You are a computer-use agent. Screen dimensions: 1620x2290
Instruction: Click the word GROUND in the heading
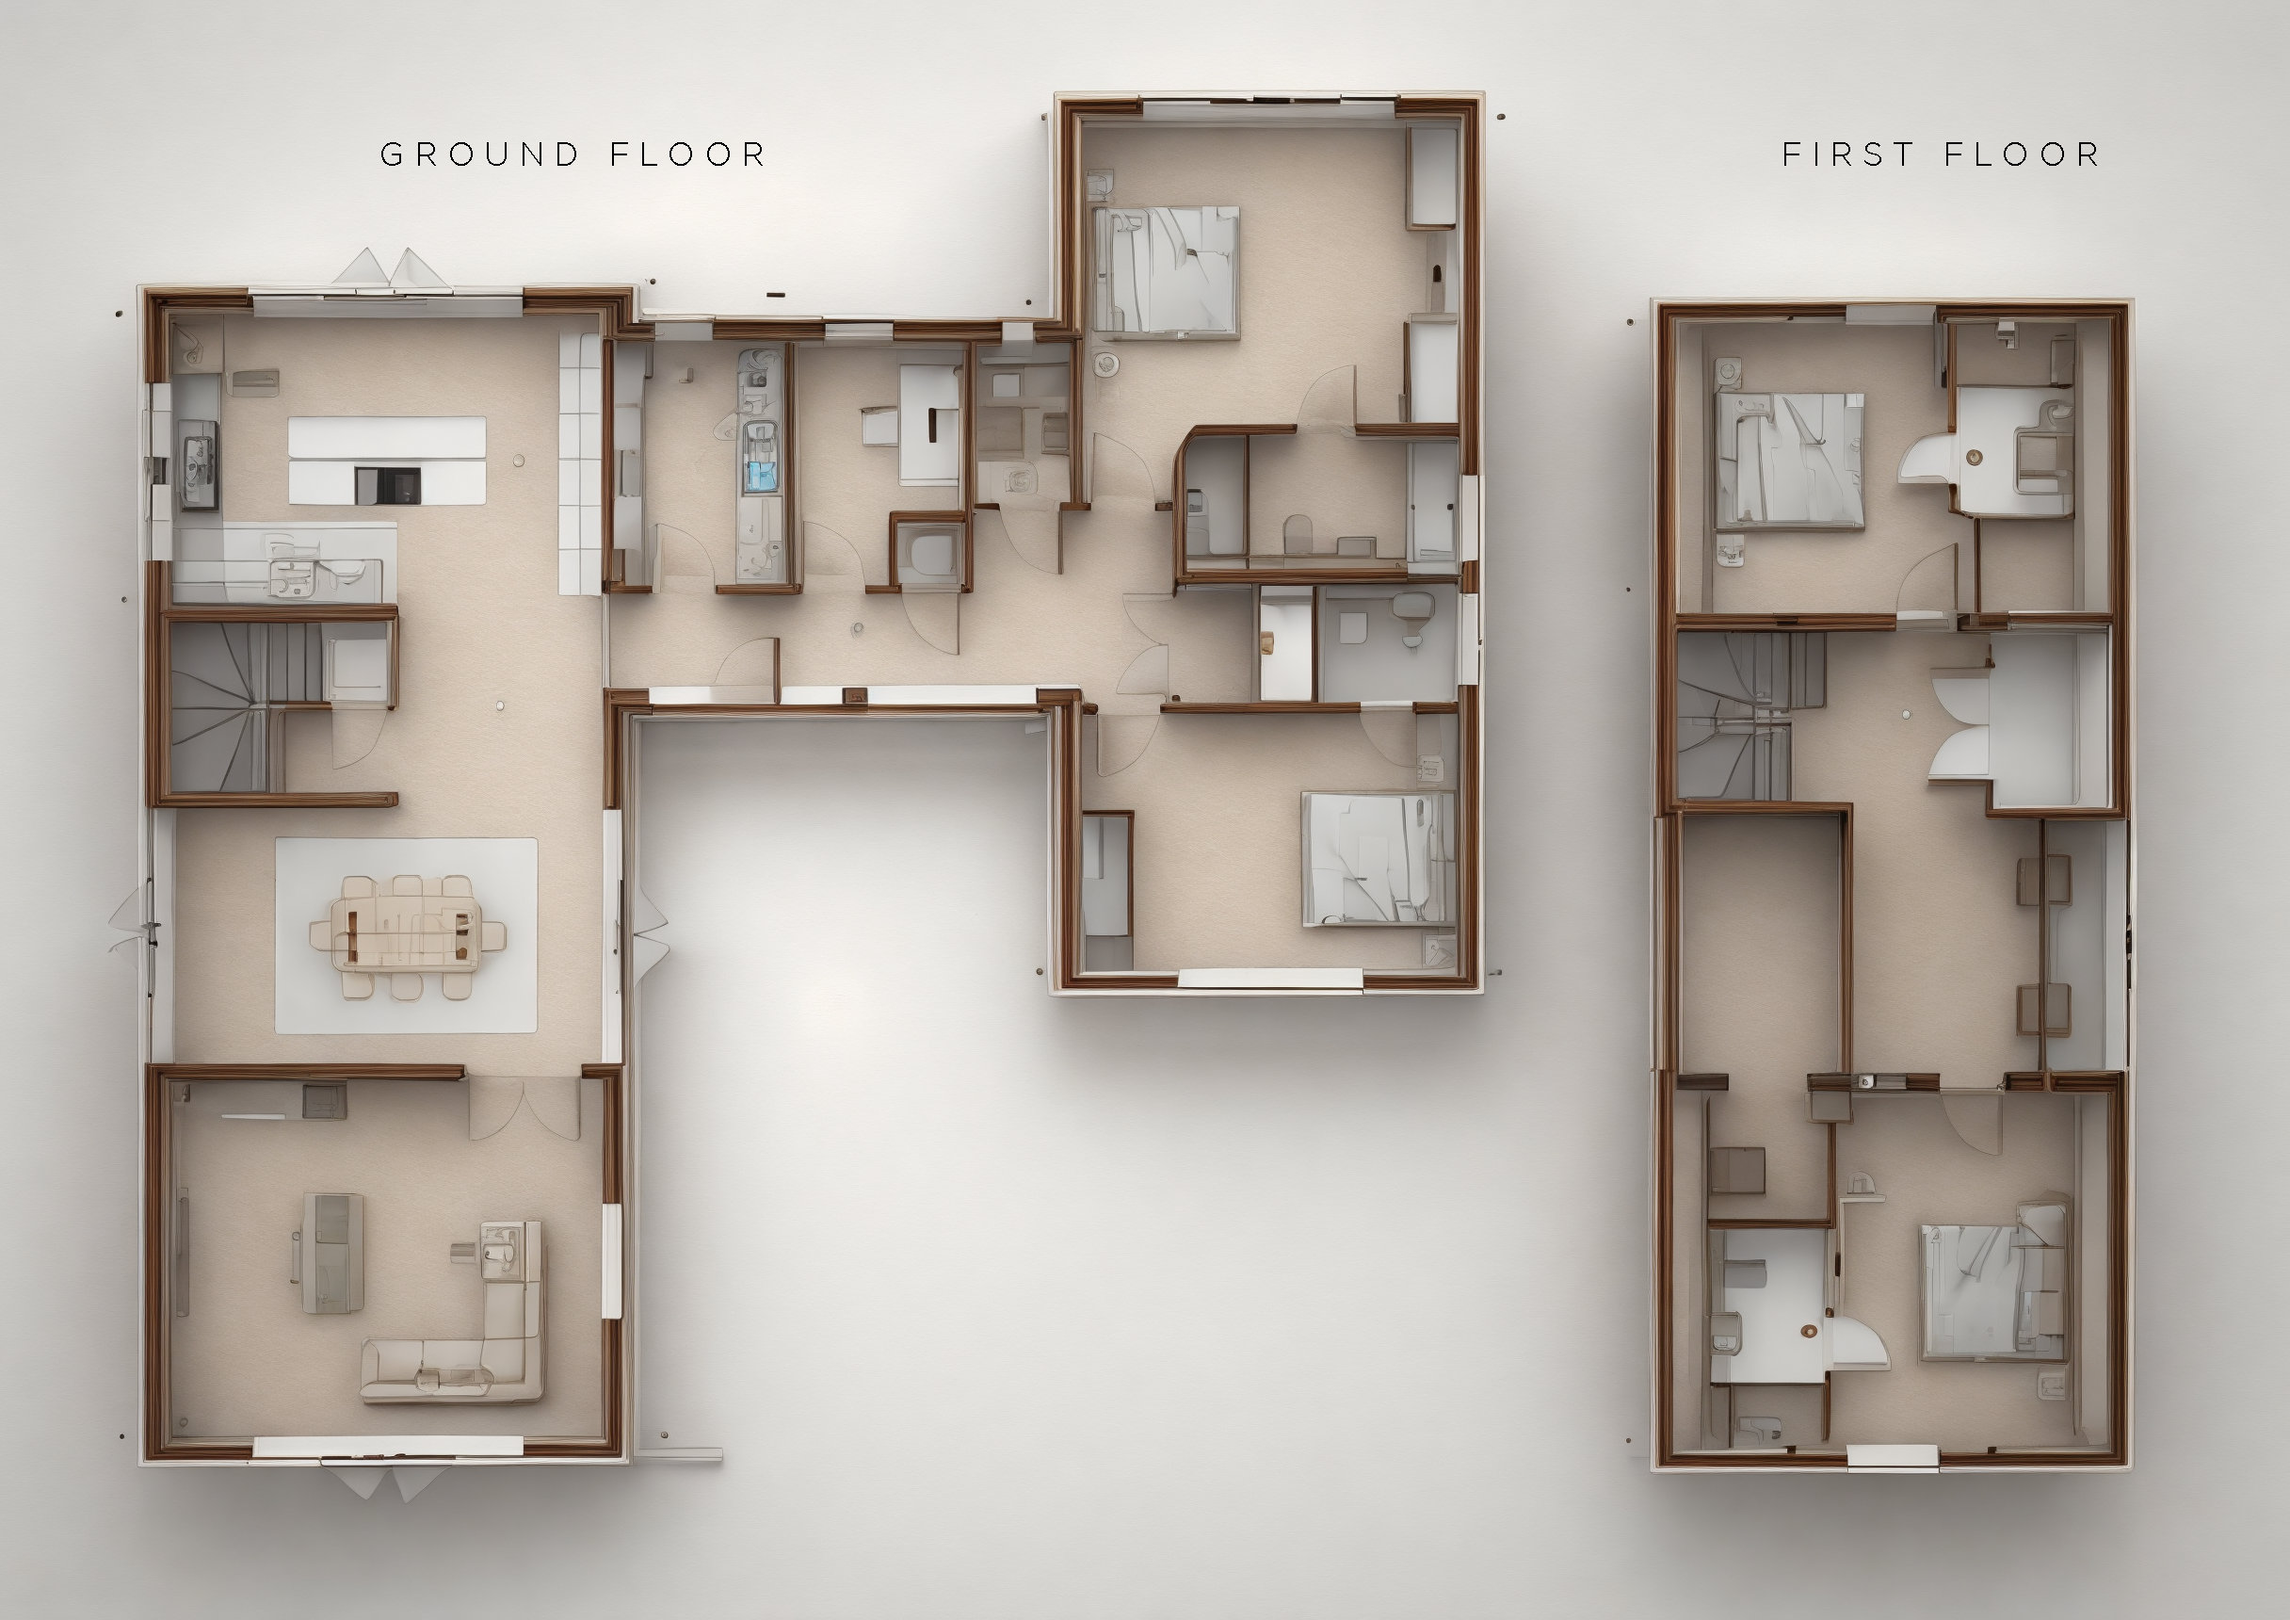478,154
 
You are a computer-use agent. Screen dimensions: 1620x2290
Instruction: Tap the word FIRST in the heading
1848,154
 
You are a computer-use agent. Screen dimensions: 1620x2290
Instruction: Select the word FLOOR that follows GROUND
687,154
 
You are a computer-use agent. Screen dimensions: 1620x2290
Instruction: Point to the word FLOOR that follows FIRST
2022,154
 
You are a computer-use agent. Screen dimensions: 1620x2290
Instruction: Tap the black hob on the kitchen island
388,485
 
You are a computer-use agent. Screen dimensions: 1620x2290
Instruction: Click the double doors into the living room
524,1108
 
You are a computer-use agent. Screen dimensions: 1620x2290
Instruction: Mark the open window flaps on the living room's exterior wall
389,1482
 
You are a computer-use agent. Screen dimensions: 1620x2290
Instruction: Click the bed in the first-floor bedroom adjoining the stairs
1788,459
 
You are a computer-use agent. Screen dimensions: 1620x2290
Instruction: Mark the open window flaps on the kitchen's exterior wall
391,267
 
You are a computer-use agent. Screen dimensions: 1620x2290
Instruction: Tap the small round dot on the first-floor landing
1906,714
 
